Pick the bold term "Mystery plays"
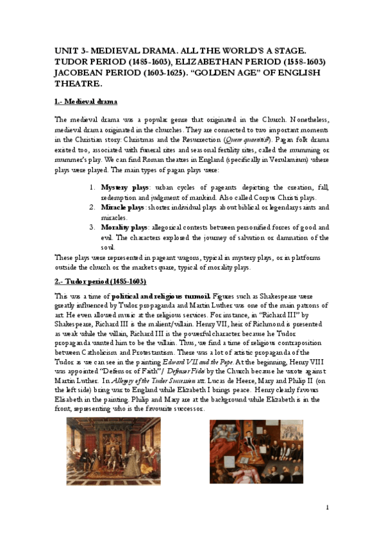coord(123,187)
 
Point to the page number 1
coord(327,508)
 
